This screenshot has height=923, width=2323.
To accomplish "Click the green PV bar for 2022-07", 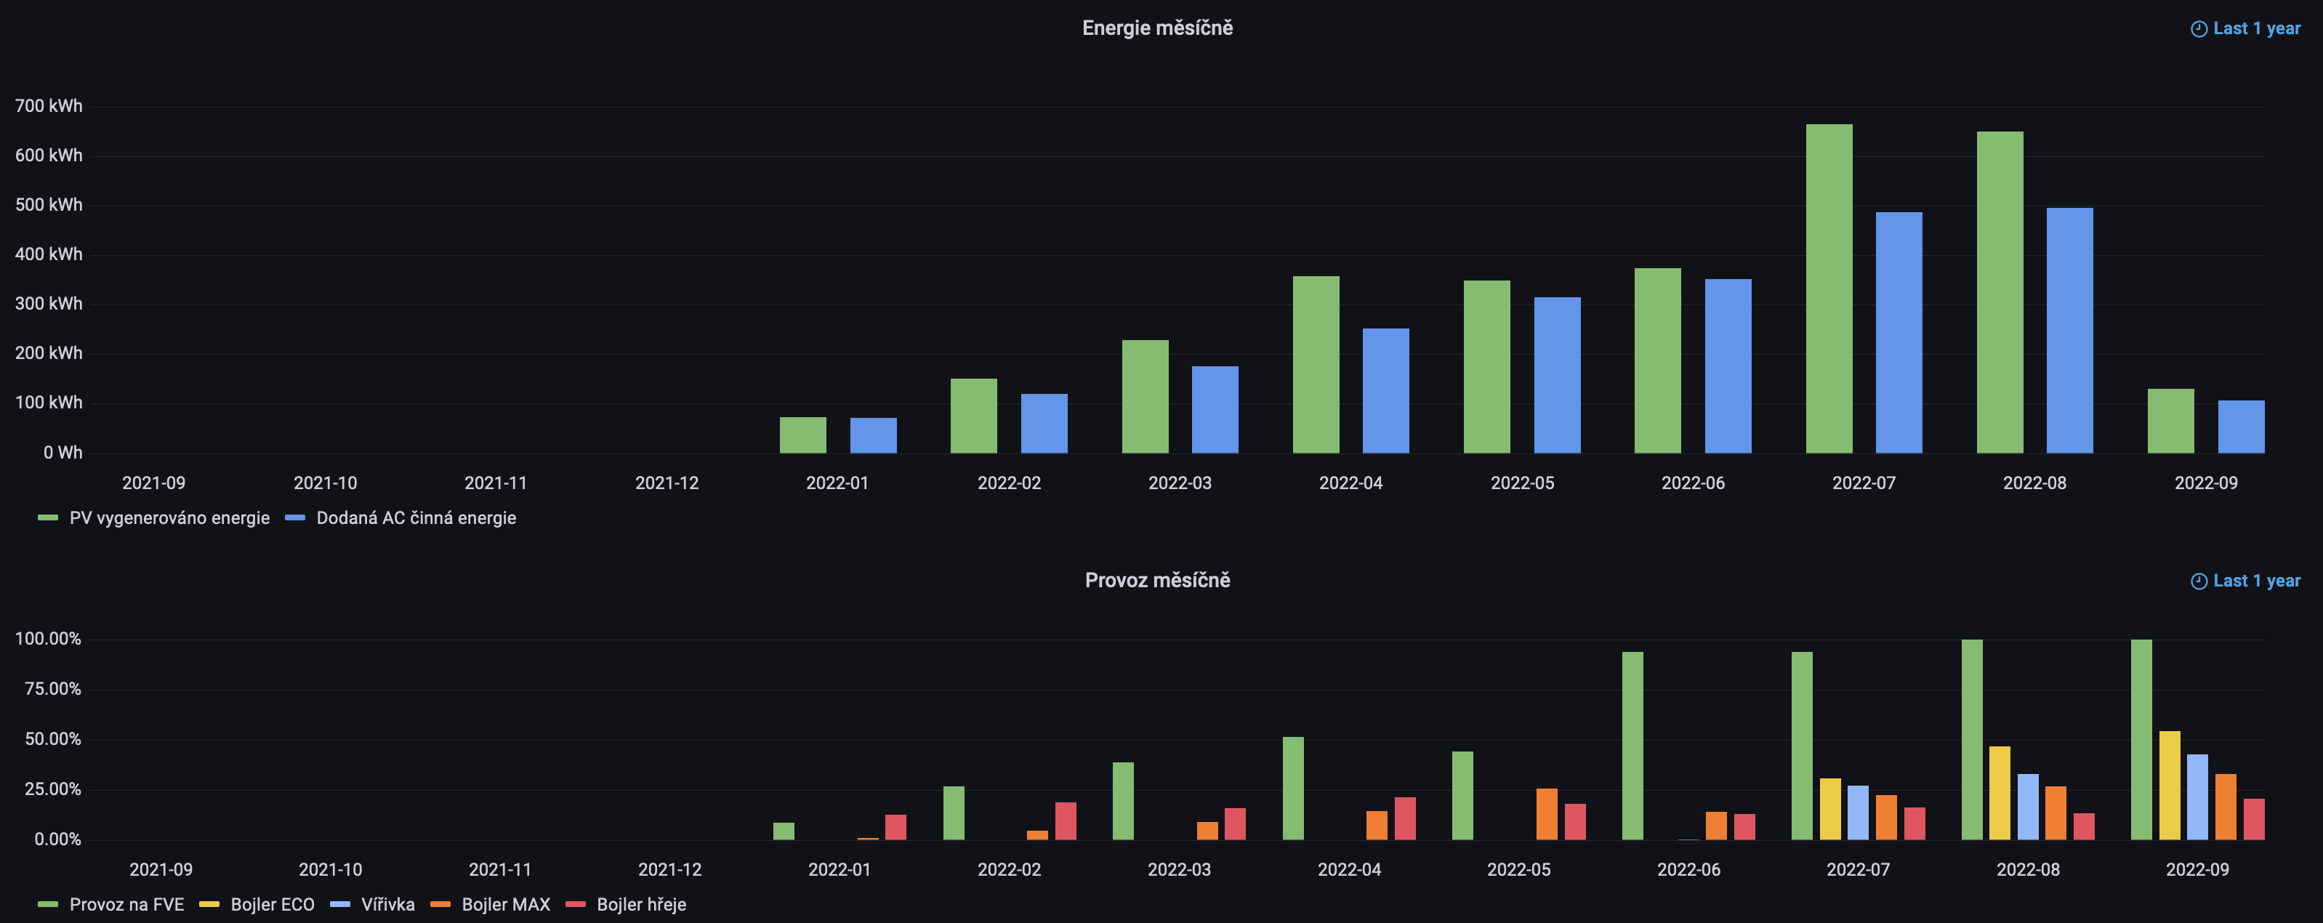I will [1829, 289].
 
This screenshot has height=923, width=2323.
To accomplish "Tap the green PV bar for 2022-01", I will [802, 435].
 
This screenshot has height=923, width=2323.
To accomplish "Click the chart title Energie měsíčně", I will [1157, 28].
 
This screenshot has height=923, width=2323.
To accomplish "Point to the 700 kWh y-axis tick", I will [49, 106].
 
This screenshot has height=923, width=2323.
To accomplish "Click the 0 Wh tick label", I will [63, 453].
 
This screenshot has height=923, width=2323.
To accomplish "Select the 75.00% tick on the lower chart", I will [52, 689].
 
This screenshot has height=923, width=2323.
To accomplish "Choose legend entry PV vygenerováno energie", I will [169, 518].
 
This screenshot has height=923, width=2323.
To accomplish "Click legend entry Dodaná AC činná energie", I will [416, 518].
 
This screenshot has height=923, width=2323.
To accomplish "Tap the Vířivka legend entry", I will [387, 904].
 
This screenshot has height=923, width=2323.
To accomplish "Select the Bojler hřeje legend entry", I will [640, 904].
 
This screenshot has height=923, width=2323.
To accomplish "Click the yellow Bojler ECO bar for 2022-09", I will [2170, 785].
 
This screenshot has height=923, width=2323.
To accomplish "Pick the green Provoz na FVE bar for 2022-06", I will [1632, 746].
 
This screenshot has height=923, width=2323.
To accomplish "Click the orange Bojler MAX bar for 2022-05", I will [1547, 814].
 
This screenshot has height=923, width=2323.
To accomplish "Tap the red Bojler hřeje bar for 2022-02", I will [1066, 821].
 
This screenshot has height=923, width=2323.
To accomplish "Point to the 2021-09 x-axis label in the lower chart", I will [161, 870].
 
